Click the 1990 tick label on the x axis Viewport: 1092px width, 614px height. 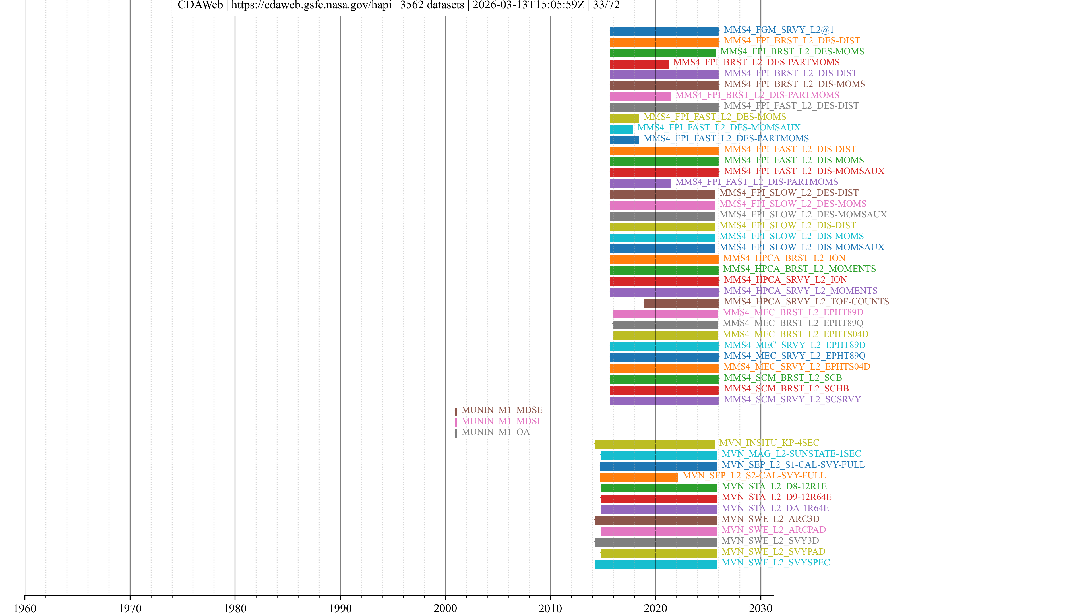point(340,608)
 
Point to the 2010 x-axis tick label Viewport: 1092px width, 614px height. point(550,608)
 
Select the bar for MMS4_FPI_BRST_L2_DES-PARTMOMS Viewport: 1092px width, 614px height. point(639,64)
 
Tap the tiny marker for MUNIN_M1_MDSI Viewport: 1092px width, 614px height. point(456,422)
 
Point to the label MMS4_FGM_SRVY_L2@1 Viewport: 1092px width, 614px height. point(779,30)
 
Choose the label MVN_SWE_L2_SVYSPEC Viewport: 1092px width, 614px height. point(775,562)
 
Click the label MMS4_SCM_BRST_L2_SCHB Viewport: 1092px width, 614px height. point(786,388)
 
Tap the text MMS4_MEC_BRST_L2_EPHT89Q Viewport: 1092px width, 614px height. point(793,323)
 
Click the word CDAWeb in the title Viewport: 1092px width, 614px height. point(200,5)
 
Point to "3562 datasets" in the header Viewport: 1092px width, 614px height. point(432,5)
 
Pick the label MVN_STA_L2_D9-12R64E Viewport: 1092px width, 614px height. point(776,497)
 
